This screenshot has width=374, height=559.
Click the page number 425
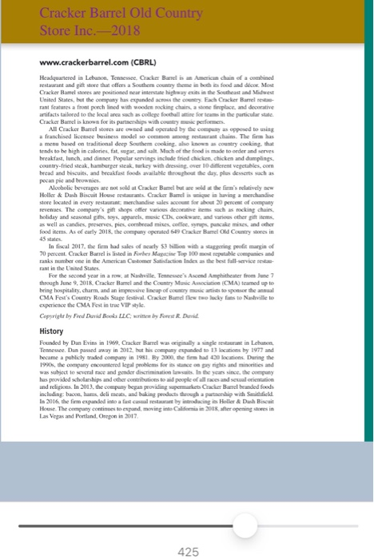pyautogui.click(x=188, y=529)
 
